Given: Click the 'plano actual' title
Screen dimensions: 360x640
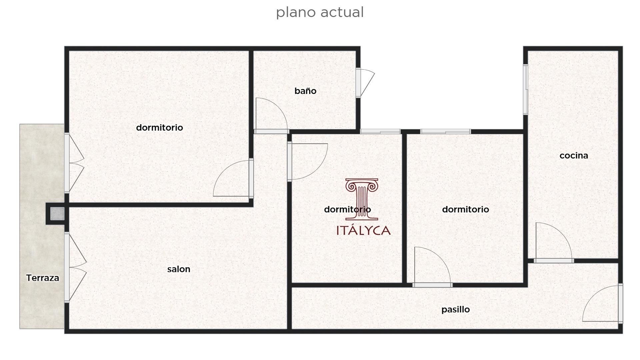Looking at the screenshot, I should coord(320,12).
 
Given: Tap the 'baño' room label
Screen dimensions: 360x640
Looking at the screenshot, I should coord(305,91).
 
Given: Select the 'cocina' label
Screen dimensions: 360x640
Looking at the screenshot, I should coord(574,156).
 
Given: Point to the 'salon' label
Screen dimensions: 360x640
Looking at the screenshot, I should coord(179,269).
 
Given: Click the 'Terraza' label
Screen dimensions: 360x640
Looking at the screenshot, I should coord(43,278).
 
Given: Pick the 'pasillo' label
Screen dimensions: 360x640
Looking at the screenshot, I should coord(455,309).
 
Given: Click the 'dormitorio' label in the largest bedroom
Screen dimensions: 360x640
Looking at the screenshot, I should coord(159,127).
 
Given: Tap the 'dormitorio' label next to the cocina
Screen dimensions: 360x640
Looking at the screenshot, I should coord(465,209).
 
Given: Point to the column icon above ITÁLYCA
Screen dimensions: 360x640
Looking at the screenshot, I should coord(362,199).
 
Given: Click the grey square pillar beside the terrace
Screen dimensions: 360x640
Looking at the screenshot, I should coord(57,214).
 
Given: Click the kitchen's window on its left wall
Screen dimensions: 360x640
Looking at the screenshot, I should coord(526,89).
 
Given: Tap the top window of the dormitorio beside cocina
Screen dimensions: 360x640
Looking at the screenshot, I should coord(446,132).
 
